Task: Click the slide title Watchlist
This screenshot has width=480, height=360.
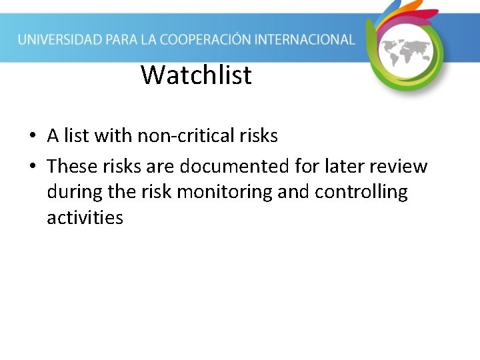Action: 196,75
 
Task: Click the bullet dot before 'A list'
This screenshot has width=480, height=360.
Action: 32,137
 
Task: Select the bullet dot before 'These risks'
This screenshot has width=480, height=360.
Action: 32,165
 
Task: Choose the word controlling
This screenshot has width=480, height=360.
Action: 361,192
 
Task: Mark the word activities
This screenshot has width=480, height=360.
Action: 85,217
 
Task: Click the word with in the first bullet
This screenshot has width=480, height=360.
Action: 114,136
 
